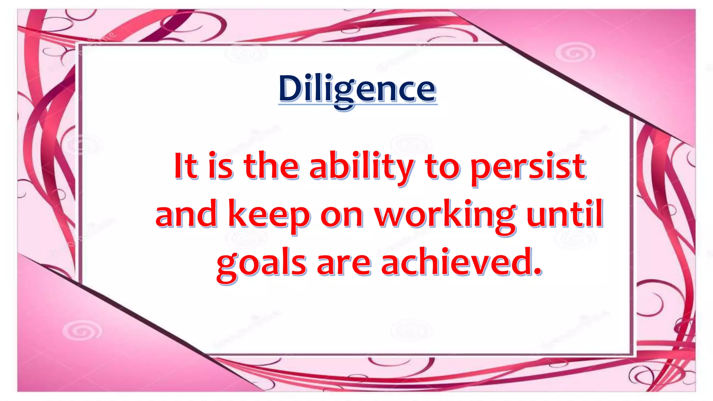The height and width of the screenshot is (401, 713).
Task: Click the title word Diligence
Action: pyautogui.click(x=357, y=89)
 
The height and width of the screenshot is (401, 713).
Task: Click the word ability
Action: pyautogui.click(x=361, y=167)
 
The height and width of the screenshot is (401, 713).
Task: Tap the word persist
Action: pyautogui.click(x=528, y=167)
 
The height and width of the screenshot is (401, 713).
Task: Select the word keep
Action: pyautogui.click(x=269, y=215)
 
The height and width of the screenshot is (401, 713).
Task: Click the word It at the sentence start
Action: pyautogui.click(x=186, y=166)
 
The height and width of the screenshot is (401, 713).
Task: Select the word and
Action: pyautogui.click(x=186, y=215)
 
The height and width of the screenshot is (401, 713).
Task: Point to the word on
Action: pyautogui.click(x=342, y=217)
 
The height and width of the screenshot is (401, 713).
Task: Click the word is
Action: pyautogui.click(x=220, y=166)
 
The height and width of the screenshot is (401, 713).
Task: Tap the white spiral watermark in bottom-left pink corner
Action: pyautogui.click(x=82, y=330)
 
